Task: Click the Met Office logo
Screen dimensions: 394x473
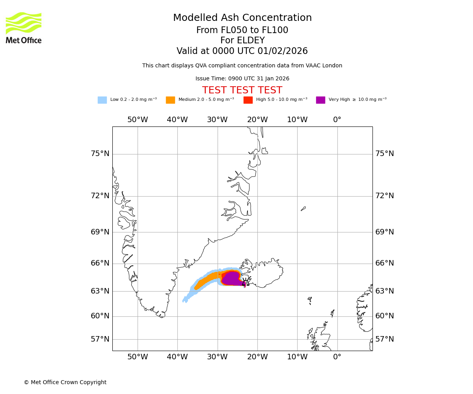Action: pyautogui.click(x=24, y=28)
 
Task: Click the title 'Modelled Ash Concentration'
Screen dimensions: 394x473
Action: pyautogui.click(x=242, y=18)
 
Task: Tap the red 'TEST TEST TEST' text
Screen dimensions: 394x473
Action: pyautogui.click(x=242, y=90)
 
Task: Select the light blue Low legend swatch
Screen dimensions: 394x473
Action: pyautogui.click(x=102, y=100)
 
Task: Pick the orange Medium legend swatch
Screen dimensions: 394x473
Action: pyautogui.click(x=170, y=100)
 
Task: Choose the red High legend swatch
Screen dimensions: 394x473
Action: pyautogui.click(x=248, y=100)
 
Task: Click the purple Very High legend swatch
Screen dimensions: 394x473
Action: pyautogui.click(x=320, y=100)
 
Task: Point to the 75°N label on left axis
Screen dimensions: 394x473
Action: pyautogui.click(x=100, y=154)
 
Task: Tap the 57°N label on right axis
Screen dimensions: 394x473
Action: pyautogui.click(x=384, y=339)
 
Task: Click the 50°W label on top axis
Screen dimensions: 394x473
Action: pyautogui.click(x=138, y=120)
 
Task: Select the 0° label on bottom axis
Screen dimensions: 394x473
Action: pyautogui.click(x=337, y=357)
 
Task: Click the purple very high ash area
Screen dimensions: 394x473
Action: pyautogui.click(x=233, y=278)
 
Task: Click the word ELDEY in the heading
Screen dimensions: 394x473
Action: pyautogui.click(x=251, y=41)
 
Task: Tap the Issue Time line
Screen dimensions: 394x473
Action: pyautogui.click(x=242, y=79)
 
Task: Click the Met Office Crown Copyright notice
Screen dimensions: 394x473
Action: pyautogui.click(x=65, y=382)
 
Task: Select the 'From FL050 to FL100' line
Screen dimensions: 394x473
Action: pyautogui.click(x=242, y=30)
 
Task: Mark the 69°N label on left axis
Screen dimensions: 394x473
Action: pyautogui.click(x=100, y=232)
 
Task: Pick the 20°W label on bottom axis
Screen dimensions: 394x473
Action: pyautogui.click(x=257, y=357)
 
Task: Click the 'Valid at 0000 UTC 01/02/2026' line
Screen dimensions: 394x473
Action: pyautogui.click(x=242, y=51)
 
